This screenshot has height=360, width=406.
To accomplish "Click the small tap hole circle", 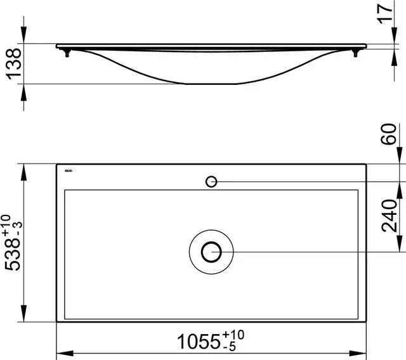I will point(211,182).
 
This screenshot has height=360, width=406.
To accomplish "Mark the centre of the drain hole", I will point(211,252).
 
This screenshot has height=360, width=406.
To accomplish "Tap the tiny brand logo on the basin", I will point(70,170).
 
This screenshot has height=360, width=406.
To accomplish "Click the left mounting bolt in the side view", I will point(66,53).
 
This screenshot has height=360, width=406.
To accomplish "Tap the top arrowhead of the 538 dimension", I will point(24,169).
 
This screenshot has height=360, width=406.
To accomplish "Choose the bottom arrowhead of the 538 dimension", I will point(24,317).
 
